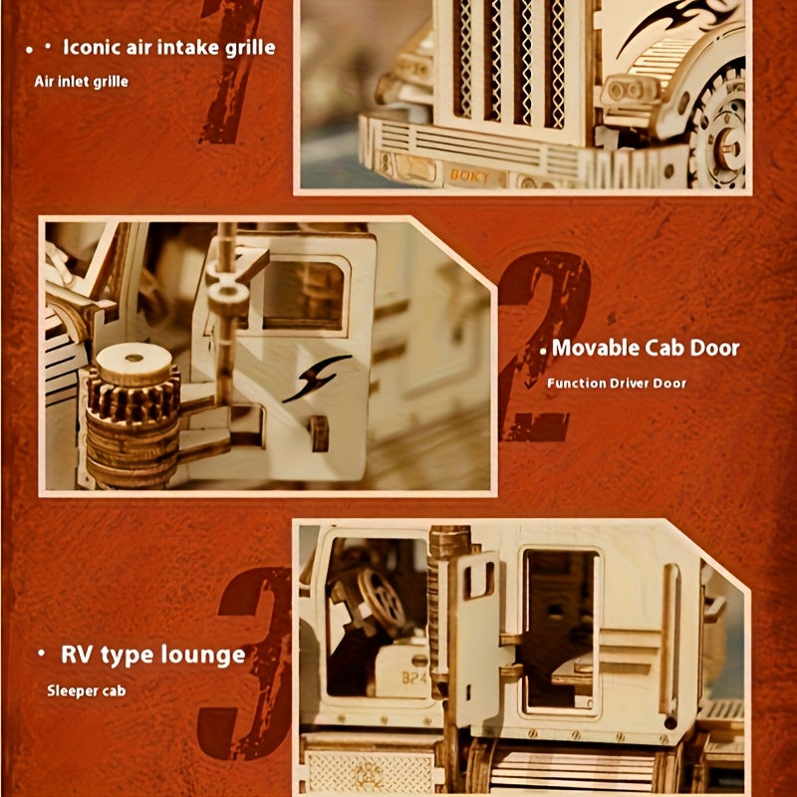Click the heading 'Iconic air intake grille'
coord(168,47)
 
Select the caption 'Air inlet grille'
coord(81,81)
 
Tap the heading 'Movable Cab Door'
coord(646,348)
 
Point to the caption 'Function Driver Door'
coord(617,383)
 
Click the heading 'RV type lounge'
coord(152,655)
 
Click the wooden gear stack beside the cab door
coord(133,413)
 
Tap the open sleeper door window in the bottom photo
coord(560,628)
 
